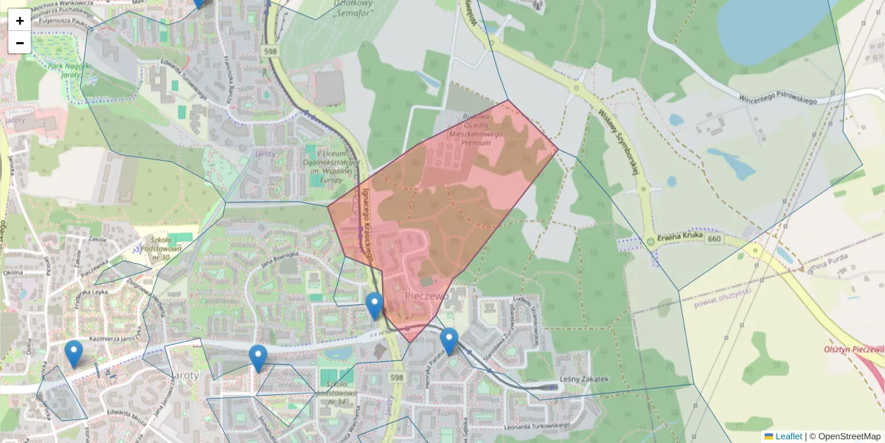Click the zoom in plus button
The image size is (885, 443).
pos(20,21)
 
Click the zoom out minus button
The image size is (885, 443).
pos(20,43)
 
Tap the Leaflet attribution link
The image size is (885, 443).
pos(788,436)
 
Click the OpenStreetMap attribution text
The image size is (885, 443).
pos(849,436)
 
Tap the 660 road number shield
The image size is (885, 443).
pos(713,239)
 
